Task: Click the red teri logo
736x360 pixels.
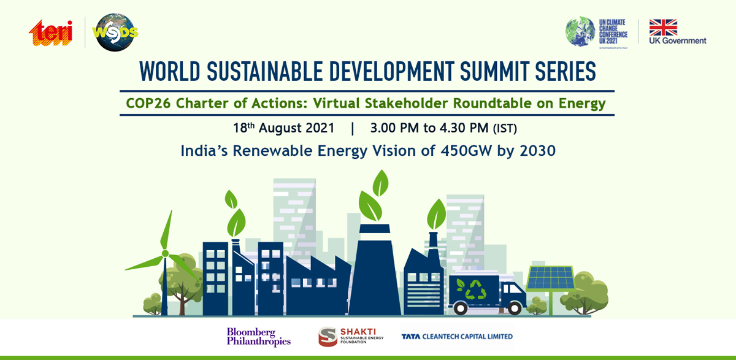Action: click(50, 33)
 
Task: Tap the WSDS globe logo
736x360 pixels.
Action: click(115, 33)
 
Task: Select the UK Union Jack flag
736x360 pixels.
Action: click(663, 27)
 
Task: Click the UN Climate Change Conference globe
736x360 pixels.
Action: click(580, 31)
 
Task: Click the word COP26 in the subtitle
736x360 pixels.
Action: click(148, 103)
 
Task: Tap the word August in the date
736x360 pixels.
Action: click(297, 128)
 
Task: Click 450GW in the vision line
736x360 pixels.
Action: click(466, 151)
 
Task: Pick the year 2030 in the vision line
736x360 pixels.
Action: click(537, 151)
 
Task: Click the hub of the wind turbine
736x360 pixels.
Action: click(165, 253)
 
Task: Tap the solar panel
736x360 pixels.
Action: click(550, 278)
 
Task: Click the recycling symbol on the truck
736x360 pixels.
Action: click(475, 289)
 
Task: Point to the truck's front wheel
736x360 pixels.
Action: click(514, 308)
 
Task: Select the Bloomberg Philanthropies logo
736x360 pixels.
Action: click(259, 337)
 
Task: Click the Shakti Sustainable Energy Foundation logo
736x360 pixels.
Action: click(351, 337)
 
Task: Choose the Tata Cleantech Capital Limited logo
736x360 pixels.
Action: click(457, 337)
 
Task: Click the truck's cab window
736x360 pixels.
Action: click(513, 288)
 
